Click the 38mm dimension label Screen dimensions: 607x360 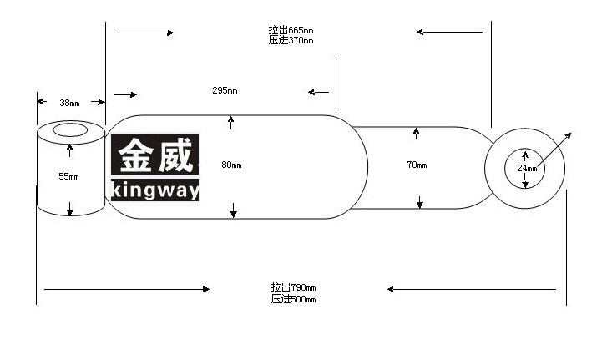tap(69, 103)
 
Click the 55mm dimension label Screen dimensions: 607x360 tap(69, 176)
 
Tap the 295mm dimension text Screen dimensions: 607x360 tap(225, 90)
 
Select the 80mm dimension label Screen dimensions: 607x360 tap(231, 165)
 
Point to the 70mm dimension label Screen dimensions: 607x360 tap(417, 165)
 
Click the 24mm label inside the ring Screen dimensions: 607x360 tap(527, 169)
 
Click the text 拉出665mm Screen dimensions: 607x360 tap(291, 30)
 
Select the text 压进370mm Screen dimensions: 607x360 tap(291, 40)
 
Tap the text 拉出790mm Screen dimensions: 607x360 tap(293, 287)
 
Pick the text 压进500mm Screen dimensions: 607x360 tap(293, 299)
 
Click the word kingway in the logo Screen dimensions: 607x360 tap(154, 190)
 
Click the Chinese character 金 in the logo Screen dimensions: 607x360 tap(135, 155)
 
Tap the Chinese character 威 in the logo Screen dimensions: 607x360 tap(175, 155)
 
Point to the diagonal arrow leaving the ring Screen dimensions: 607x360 tap(554, 150)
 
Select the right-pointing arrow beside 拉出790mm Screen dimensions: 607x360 tap(127, 289)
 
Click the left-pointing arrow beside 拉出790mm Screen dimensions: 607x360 tap(472, 289)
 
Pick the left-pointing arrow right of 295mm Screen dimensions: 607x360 tap(318, 92)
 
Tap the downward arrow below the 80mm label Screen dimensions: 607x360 tap(234, 210)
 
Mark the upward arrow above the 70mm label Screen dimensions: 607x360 tap(416, 134)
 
